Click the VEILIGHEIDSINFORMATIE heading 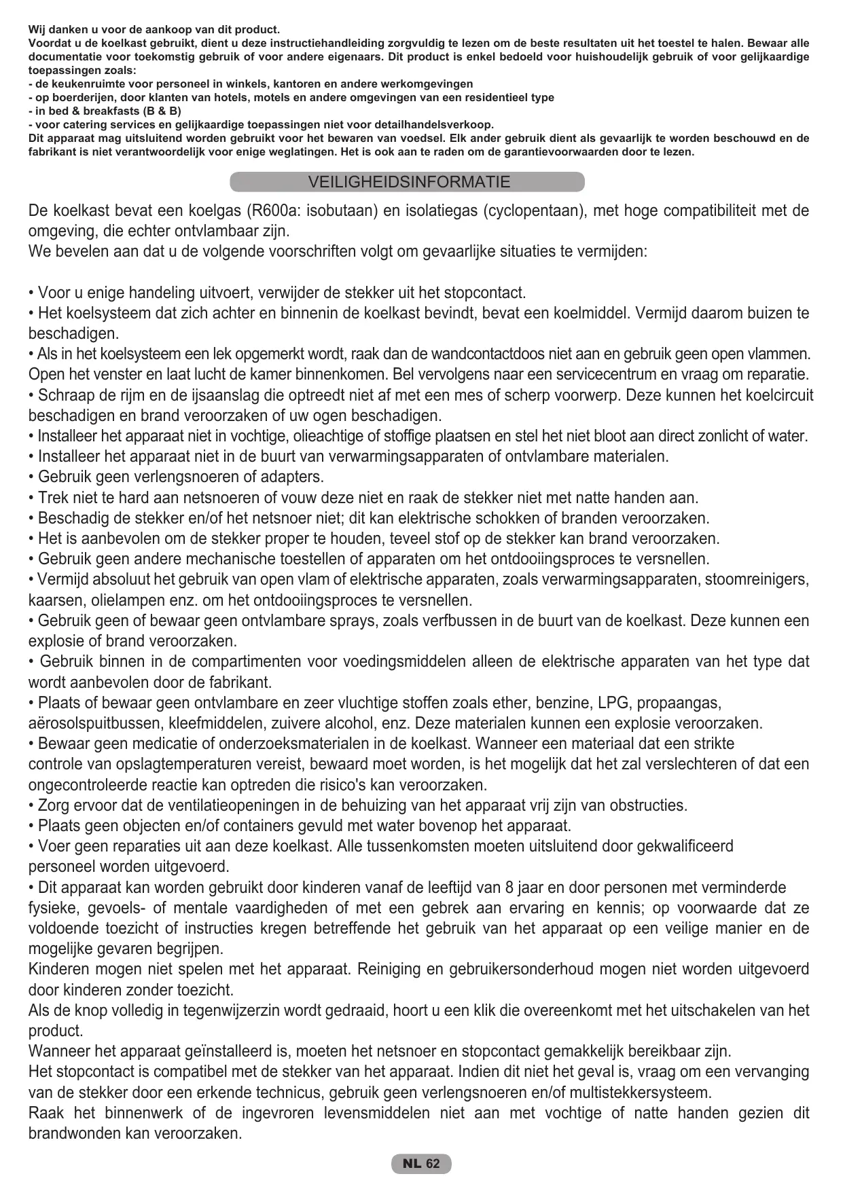click(408, 183)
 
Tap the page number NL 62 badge click(421, 1163)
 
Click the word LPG click(613, 703)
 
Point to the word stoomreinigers click(757, 580)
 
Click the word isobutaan click(342, 210)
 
